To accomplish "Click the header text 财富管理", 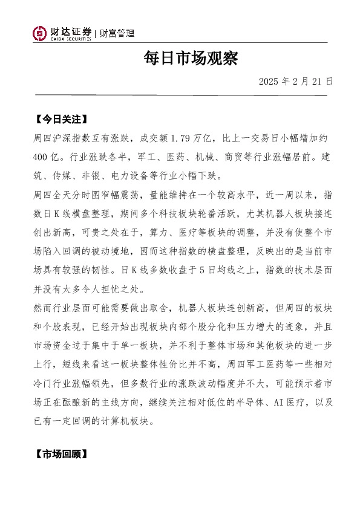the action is [117, 33].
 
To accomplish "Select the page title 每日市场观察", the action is [191, 59].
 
